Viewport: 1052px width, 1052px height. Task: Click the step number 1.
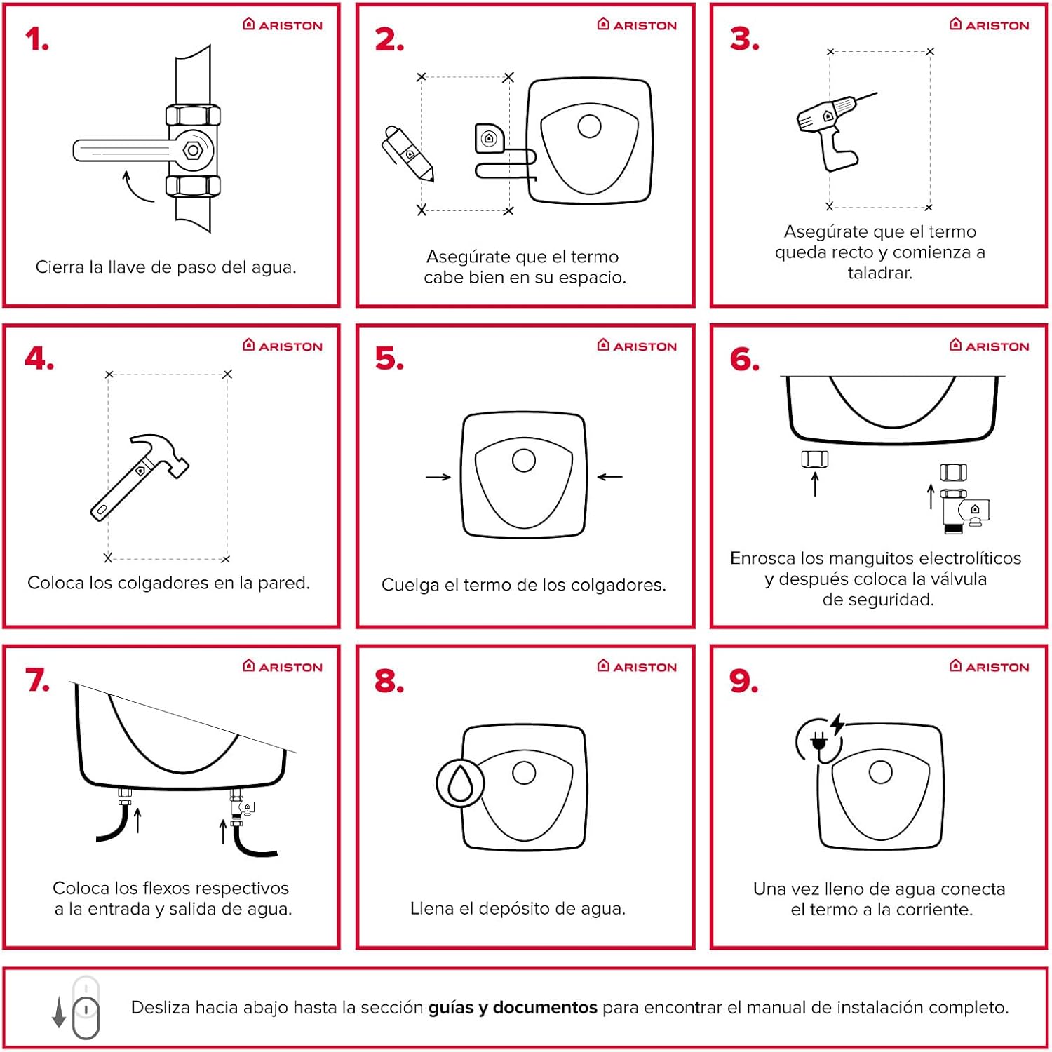pos(36,40)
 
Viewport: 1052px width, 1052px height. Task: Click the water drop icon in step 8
pos(460,783)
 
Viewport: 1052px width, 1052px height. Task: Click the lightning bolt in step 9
pos(837,724)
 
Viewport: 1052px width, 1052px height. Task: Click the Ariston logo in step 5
pos(637,346)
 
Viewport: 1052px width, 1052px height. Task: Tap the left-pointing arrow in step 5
pos(609,477)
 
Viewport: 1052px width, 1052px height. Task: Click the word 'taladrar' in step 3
pos(879,273)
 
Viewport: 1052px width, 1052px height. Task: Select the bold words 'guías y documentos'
pos(513,1008)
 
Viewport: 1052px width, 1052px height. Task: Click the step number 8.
pos(389,681)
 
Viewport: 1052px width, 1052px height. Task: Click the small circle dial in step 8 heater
pos(524,772)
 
